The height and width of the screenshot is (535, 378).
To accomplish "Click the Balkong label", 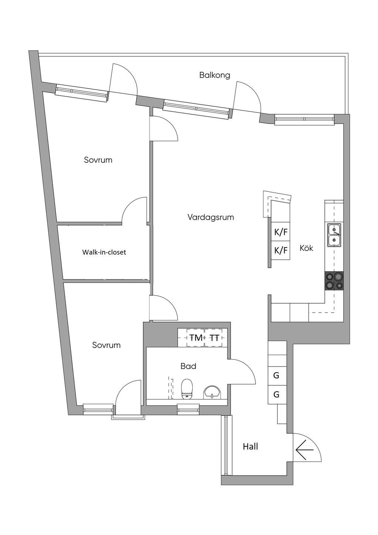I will (x=214, y=75).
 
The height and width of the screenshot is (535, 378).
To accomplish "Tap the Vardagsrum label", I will (x=210, y=217).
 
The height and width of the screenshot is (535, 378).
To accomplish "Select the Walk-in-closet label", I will (x=104, y=252).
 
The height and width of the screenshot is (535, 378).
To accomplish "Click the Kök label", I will (x=306, y=248).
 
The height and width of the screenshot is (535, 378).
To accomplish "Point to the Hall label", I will (x=250, y=447).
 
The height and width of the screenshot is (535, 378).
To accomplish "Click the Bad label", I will (x=188, y=366).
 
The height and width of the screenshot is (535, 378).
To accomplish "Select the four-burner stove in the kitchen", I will (x=334, y=281).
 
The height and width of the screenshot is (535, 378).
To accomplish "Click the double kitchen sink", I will (x=334, y=235).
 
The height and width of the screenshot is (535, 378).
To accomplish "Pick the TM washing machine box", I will (x=196, y=338).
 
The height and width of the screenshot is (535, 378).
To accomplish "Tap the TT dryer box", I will (x=214, y=338).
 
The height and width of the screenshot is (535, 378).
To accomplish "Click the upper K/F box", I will (x=281, y=232).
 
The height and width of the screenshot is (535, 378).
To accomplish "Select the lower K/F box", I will (x=281, y=251).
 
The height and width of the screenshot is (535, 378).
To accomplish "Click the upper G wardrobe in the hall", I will (x=276, y=376).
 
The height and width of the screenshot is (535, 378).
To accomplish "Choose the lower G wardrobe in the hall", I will (x=276, y=395).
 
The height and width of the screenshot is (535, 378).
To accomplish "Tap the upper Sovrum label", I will (x=98, y=160).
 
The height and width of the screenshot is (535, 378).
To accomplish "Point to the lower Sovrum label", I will (x=106, y=345).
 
